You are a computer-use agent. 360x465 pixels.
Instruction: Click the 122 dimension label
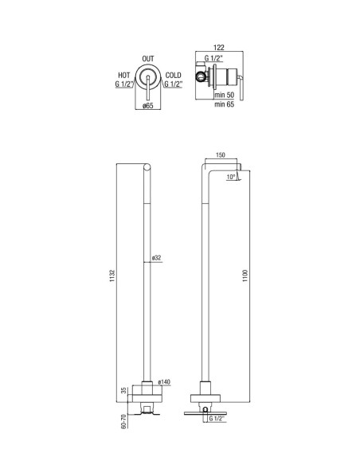(x=219, y=47)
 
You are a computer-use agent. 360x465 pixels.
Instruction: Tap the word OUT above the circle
(x=148, y=59)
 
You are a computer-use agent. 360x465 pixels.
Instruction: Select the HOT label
(x=124, y=76)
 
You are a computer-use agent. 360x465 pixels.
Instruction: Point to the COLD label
(x=173, y=76)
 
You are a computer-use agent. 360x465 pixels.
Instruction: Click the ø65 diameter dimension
(x=147, y=106)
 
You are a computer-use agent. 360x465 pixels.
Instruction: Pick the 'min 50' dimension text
(x=224, y=95)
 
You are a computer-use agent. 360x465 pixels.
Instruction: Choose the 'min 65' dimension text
(x=224, y=104)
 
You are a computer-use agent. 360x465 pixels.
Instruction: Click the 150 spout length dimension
(x=221, y=154)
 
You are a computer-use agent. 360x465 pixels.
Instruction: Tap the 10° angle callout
(x=231, y=177)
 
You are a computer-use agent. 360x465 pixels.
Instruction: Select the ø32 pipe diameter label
(x=156, y=258)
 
